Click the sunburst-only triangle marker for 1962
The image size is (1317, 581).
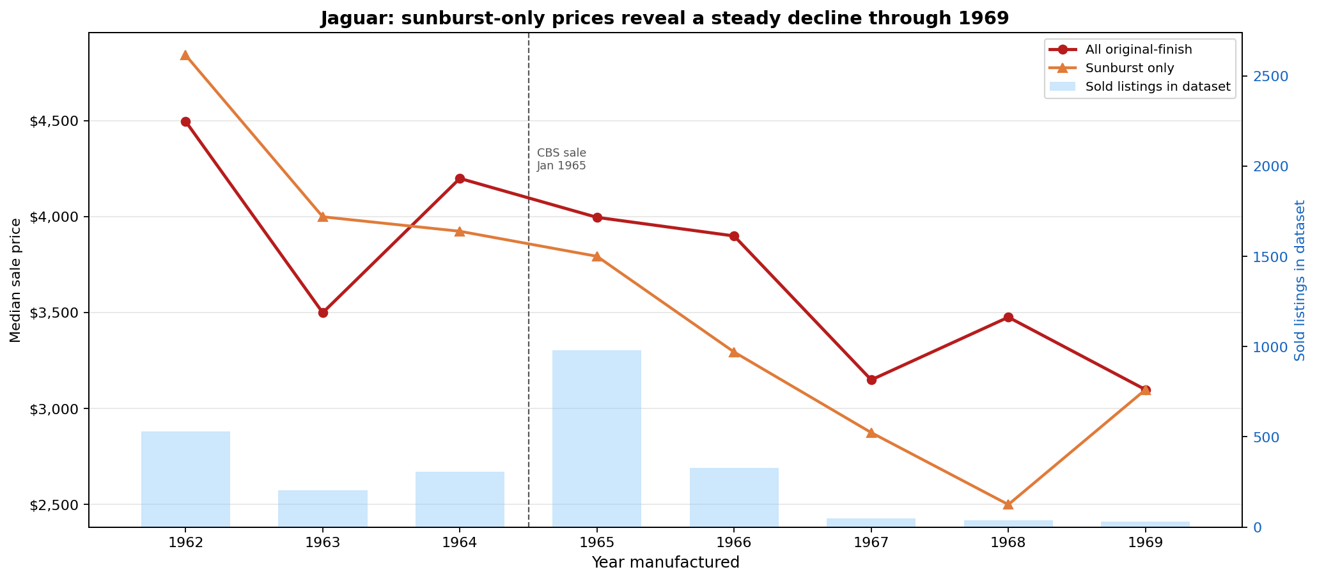tap(185, 55)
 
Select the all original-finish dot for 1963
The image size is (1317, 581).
tap(323, 313)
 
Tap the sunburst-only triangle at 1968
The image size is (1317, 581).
tap(1008, 504)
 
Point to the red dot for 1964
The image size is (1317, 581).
tap(460, 178)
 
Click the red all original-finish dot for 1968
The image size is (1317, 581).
tap(1008, 317)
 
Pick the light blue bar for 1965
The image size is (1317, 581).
tap(596, 438)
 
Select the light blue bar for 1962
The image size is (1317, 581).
tap(185, 479)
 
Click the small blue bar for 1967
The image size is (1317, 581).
tap(871, 522)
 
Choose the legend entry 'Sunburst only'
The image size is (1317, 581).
tap(1129, 68)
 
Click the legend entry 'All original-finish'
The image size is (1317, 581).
tap(1138, 49)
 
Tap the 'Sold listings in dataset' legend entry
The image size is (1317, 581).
tap(1157, 86)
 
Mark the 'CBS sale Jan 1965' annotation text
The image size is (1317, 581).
tap(561, 159)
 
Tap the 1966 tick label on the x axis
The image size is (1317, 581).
tap(734, 543)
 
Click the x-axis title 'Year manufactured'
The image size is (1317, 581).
tap(665, 562)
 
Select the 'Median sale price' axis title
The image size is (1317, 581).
tap(16, 280)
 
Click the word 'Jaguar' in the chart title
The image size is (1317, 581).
tap(348, 18)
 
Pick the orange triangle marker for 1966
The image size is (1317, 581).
tap(734, 352)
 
